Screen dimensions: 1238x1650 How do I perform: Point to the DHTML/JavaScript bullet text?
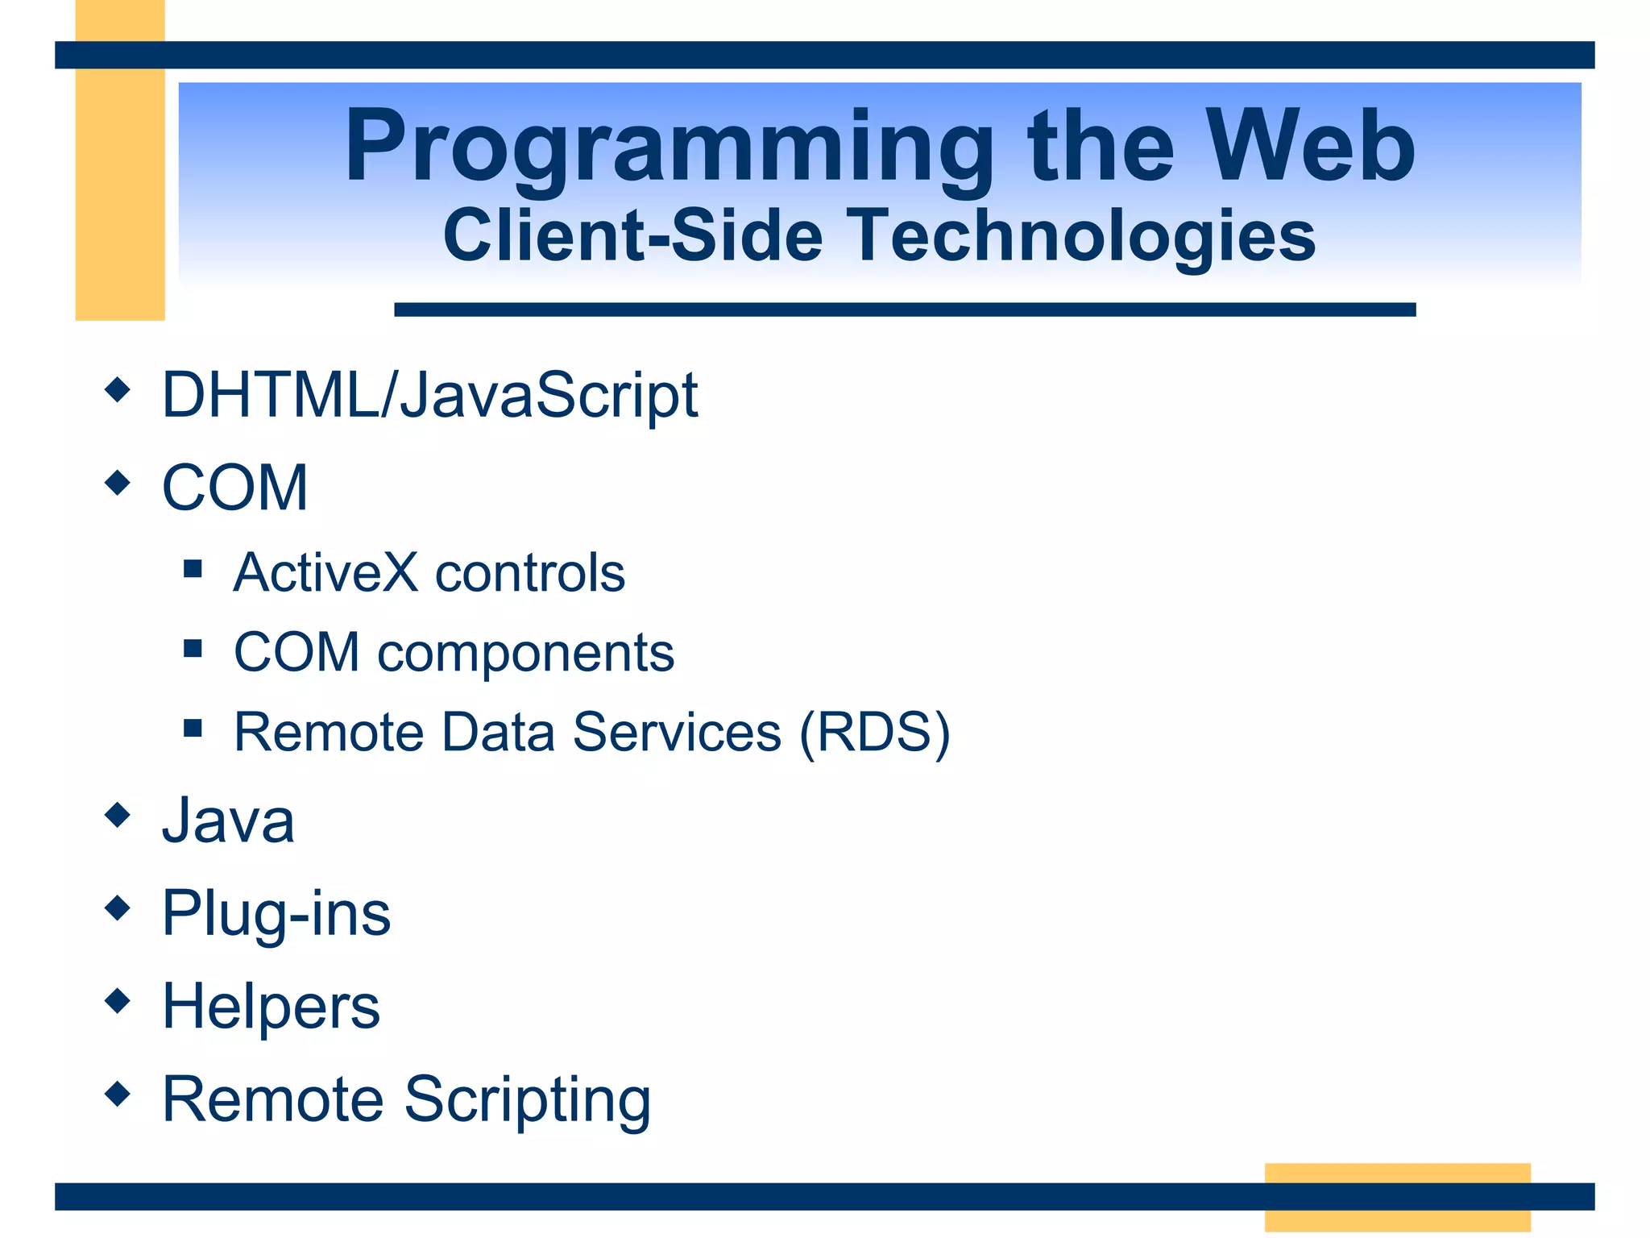click(429, 396)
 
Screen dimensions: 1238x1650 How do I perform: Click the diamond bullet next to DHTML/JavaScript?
click(118, 390)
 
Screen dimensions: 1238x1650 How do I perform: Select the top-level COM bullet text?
click(234, 488)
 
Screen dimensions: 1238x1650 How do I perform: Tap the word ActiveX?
click(325, 573)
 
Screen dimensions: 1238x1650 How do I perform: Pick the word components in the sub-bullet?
click(525, 653)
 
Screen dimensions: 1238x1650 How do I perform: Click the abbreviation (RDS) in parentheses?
click(875, 733)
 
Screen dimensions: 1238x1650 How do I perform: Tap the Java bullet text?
click(228, 821)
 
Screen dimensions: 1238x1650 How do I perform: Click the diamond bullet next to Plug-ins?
click(118, 908)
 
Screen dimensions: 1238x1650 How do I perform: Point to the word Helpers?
click(271, 1007)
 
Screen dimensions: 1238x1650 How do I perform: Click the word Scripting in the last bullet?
click(527, 1100)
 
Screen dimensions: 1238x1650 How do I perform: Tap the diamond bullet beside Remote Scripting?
click(118, 1094)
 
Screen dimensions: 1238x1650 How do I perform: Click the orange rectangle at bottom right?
click(1397, 1173)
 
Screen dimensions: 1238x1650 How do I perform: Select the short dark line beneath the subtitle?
click(904, 309)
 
